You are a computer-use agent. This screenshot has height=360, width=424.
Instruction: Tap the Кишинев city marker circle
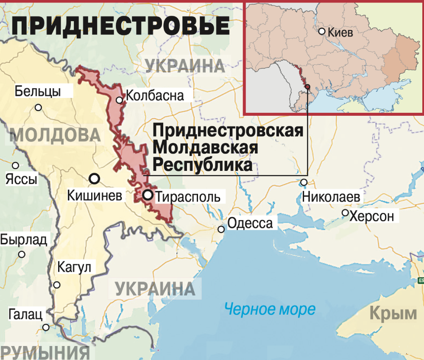[95, 179]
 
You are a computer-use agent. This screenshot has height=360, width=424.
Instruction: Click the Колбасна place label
[155, 95]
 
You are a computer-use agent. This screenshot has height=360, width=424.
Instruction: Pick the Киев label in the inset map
[340, 32]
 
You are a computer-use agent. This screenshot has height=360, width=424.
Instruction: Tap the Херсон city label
[372, 216]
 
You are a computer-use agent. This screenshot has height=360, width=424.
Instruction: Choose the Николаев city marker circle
[304, 182]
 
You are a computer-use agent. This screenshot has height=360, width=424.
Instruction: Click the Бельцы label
[38, 91]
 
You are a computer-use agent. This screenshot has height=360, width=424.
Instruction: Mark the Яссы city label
[21, 179]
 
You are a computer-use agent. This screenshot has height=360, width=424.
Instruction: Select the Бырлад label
[24, 240]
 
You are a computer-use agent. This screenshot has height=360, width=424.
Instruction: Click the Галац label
[25, 315]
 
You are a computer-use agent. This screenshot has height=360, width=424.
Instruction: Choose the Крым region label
[393, 314]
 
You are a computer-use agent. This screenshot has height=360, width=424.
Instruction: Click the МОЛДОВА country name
[55, 135]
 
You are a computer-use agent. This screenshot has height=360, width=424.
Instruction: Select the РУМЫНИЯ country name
[45, 353]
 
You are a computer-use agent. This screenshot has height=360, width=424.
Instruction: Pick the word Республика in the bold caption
[202, 165]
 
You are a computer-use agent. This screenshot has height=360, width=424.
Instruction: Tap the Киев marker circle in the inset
[322, 31]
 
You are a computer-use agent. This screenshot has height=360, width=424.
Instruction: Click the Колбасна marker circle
[120, 100]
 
